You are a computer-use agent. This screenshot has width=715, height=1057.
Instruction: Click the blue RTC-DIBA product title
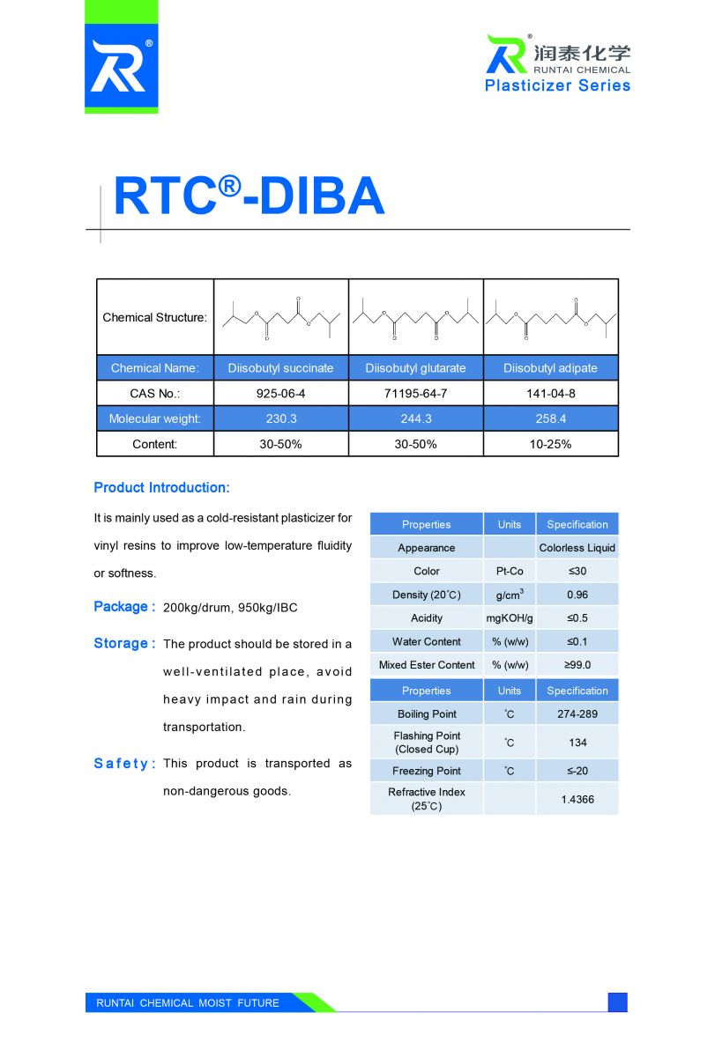click(250, 196)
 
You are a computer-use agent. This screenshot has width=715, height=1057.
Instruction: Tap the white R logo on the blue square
click(121, 67)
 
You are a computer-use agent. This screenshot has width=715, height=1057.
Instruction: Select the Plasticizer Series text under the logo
click(557, 85)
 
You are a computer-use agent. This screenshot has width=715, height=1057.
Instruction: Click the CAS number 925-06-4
click(280, 394)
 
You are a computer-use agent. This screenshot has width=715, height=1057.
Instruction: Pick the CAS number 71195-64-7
click(415, 394)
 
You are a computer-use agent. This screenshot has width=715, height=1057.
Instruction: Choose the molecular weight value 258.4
click(550, 419)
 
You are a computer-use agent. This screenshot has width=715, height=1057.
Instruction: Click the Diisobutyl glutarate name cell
click(415, 368)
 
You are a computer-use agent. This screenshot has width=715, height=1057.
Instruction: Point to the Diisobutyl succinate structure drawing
click(280, 317)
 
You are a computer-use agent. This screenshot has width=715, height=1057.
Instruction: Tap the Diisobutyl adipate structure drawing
click(550, 317)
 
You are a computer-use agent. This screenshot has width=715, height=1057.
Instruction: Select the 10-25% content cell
click(550, 444)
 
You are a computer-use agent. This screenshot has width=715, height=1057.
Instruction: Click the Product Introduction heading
click(161, 488)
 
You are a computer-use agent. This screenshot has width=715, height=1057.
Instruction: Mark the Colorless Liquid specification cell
click(577, 548)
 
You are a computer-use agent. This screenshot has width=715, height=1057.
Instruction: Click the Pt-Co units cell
click(509, 571)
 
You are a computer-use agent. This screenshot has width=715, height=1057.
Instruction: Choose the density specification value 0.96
click(577, 595)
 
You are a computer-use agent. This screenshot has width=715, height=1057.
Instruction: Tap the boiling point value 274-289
click(577, 714)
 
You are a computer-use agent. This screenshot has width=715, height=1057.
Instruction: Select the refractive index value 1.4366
click(577, 799)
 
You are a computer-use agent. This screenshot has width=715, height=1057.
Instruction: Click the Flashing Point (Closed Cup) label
click(427, 743)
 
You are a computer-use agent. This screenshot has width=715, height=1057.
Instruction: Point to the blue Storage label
click(124, 644)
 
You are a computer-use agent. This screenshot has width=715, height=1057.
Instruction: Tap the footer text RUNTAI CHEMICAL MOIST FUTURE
click(187, 1003)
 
